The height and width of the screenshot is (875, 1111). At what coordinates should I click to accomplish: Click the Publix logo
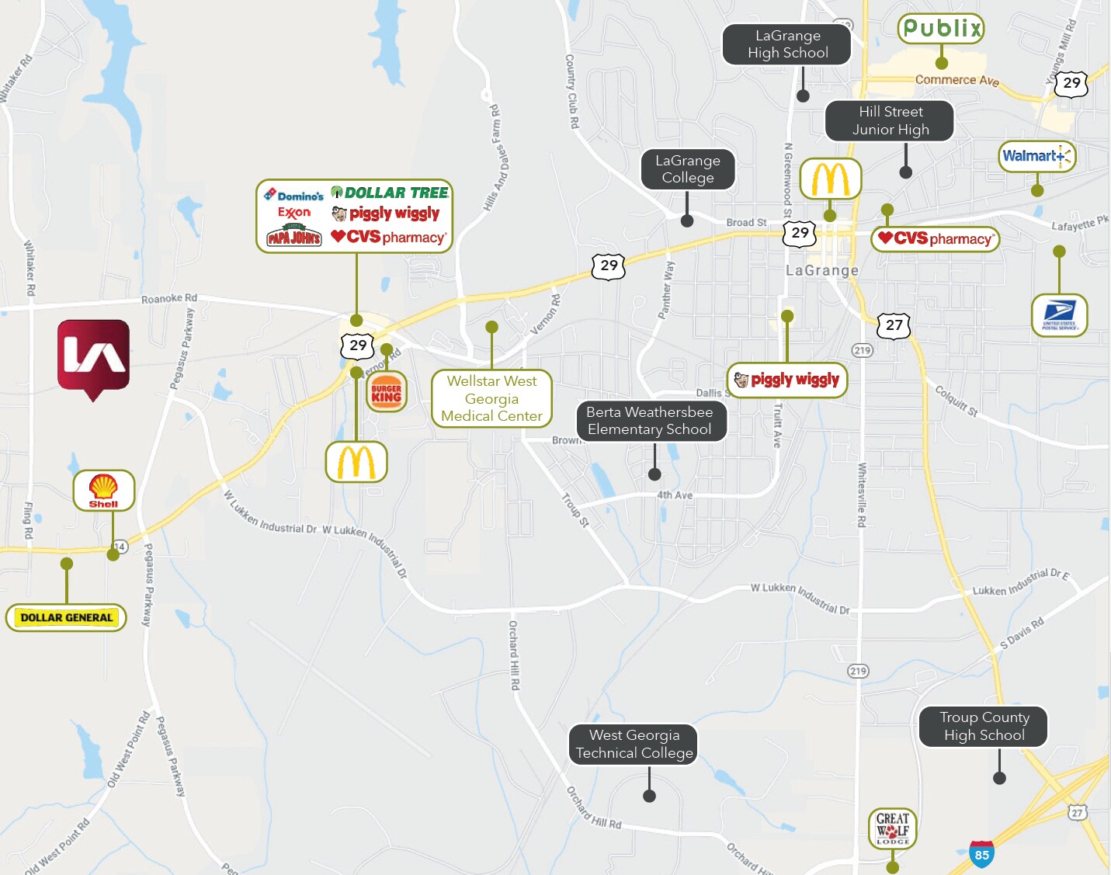tap(941, 29)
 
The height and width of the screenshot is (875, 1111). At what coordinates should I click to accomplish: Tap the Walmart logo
tap(1036, 156)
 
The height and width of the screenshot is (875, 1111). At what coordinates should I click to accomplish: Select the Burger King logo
tap(386, 393)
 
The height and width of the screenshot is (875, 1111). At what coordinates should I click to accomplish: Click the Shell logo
tap(103, 490)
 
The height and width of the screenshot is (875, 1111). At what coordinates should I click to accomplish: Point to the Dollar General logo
tap(66, 618)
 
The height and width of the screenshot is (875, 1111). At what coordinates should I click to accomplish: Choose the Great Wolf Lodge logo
tap(892, 828)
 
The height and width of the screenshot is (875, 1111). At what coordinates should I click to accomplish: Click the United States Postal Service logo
tap(1059, 314)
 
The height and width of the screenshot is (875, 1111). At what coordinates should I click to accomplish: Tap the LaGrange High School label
tap(787, 44)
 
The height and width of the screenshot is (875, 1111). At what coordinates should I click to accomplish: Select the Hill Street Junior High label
tap(890, 120)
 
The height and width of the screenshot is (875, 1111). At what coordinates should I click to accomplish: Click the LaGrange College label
tap(687, 169)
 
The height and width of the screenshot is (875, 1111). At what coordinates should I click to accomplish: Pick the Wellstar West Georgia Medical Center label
tap(491, 398)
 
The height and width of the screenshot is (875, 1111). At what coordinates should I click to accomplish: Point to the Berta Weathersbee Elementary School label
tap(650, 421)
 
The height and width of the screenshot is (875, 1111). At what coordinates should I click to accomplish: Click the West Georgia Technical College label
tap(634, 744)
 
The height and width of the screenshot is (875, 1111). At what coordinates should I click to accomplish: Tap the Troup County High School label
tap(984, 726)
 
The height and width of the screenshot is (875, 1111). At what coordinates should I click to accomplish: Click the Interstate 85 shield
tap(981, 854)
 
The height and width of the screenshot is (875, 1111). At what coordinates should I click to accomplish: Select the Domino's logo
tap(293, 195)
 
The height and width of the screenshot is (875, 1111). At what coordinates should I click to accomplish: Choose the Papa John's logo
tap(293, 236)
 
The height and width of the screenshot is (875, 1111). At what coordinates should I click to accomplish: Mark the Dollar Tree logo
tap(390, 193)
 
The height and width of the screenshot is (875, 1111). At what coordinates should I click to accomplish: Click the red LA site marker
tap(93, 357)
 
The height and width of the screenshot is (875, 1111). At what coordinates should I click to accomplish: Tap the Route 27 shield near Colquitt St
tap(894, 325)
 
